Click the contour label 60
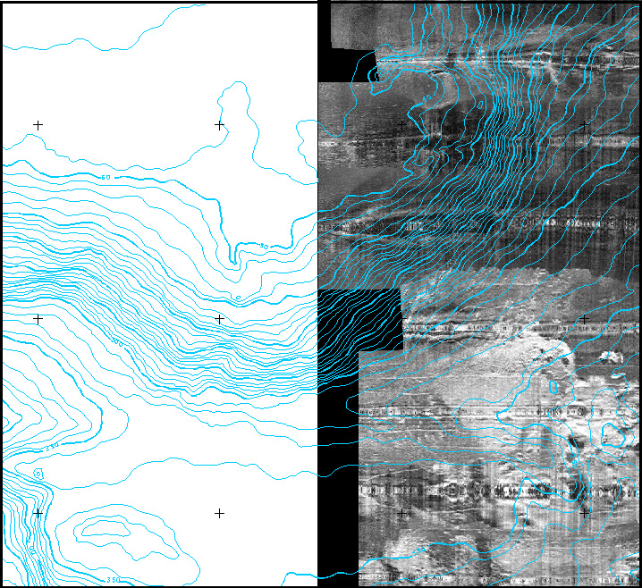(x=106, y=178)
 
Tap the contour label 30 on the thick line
(x=263, y=247)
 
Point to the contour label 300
(x=116, y=342)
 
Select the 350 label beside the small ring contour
(x=52, y=444)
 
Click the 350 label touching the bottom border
(x=113, y=580)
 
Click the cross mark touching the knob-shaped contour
(x=219, y=125)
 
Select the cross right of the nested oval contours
(x=219, y=513)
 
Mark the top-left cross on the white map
(x=38, y=125)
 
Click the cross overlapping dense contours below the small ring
(x=38, y=513)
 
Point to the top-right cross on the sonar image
(x=584, y=125)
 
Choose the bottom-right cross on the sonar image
(x=584, y=513)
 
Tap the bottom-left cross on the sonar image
(x=402, y=513)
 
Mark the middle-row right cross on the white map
(x=219, y=318)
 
